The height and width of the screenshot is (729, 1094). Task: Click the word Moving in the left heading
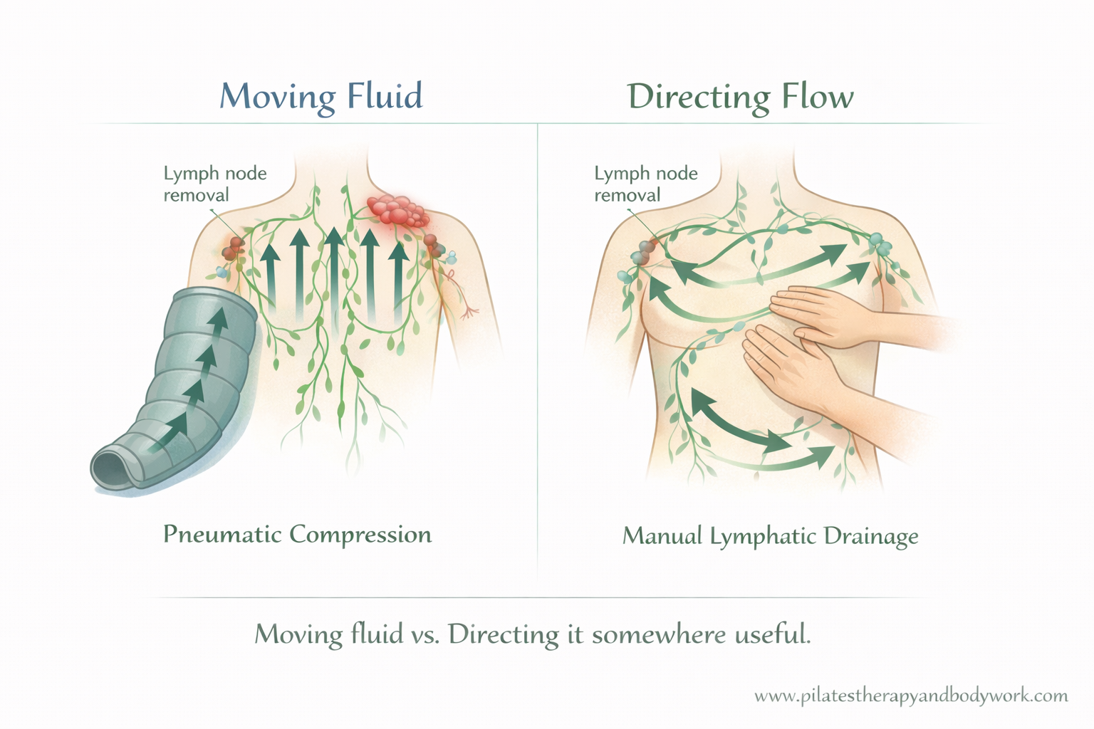277,97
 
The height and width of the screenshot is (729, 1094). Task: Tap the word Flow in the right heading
818,96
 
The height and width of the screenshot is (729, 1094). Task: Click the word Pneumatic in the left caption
223,534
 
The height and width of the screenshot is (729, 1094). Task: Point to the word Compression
364,535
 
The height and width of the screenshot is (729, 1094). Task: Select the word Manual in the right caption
662,535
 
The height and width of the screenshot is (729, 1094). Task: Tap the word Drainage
871,537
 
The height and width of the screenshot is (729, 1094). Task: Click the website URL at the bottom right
911,696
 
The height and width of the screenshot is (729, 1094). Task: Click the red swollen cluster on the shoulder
398,211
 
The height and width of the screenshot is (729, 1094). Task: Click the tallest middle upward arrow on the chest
335,273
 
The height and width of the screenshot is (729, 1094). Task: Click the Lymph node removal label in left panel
215,184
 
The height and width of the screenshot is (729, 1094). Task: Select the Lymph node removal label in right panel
646,184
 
